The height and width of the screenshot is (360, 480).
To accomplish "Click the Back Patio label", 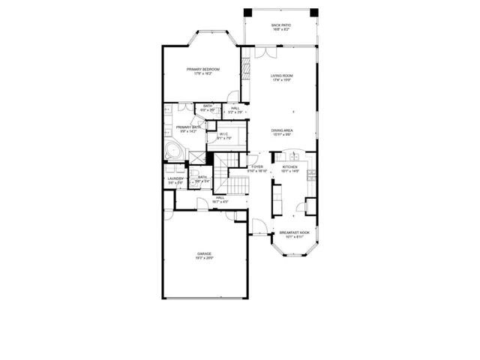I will click(x=281, y=25).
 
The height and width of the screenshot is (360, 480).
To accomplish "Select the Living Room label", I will click(x=281, y=75).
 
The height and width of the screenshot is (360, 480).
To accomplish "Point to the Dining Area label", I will click(x=281, y=130).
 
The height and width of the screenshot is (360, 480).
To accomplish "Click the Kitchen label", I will click(x=289, y=166).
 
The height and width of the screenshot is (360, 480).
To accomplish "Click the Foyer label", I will click(x=256, y=166).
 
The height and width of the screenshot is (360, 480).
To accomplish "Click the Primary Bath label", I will click(x=189, y=127).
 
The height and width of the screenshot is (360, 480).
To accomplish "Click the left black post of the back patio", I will click(x=247, y=11).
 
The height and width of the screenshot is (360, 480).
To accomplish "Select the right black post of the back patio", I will click(x=313, y=11).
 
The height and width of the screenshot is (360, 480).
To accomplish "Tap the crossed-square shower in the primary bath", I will click(x=196, y=156).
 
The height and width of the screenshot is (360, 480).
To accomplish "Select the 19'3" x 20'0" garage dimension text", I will click(x=205, y=259).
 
